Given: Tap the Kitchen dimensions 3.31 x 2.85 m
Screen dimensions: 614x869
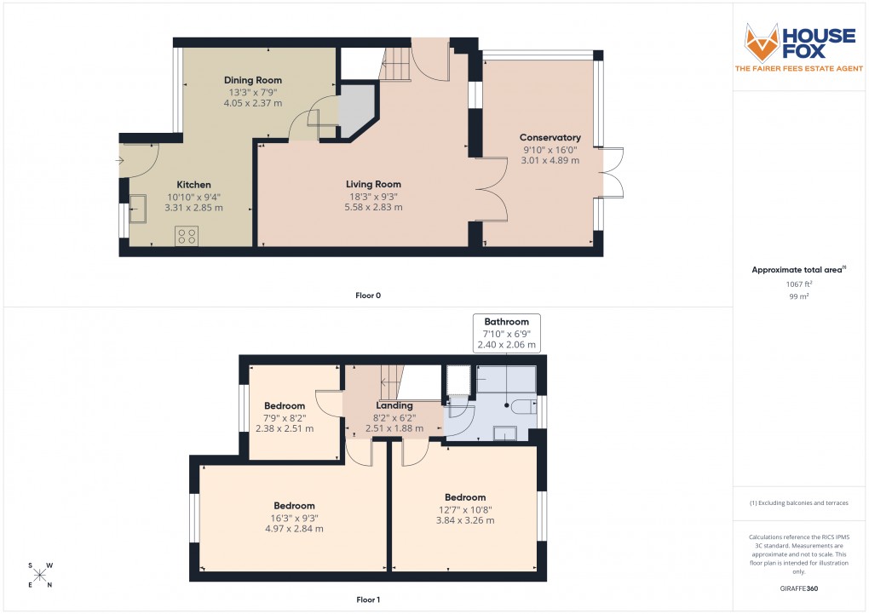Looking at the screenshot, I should (x=193, y=208).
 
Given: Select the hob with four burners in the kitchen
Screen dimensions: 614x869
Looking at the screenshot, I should (x=187, y=236).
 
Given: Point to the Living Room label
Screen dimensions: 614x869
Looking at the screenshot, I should (x=373, y=184).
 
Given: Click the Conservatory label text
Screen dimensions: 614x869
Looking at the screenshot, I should (x=550, y=138).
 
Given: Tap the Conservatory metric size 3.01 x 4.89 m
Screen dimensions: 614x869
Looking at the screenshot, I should (x=550, y=160).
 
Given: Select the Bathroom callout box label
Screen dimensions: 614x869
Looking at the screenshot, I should (x=507, y=322).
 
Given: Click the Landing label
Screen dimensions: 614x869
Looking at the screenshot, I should (x=394, y=405).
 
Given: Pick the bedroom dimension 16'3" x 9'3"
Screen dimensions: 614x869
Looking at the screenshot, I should (x=294, y=518).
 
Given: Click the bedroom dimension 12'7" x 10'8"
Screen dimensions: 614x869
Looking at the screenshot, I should (x=465, y=509).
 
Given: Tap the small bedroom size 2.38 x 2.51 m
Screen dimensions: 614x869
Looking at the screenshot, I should (x=285, y=428).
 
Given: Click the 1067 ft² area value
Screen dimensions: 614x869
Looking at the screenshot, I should (x=797, y=284).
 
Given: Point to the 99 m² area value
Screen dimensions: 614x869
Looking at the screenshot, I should (x=797, y=296).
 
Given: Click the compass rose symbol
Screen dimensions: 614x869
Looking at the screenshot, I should (x=39, y=575).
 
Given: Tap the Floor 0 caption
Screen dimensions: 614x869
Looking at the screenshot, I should (x=368, y=296).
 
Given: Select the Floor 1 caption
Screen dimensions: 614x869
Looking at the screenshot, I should (x=368, y=600).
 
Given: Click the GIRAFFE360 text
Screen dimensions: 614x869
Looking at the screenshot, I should (x=797, y=588).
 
